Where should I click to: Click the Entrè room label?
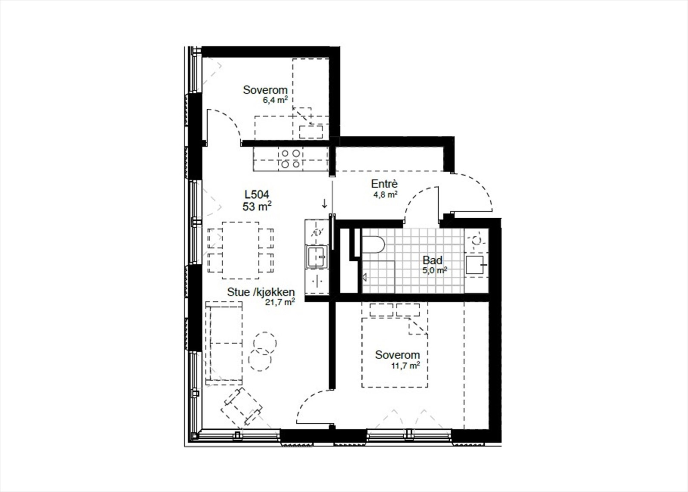(x=384, y=184)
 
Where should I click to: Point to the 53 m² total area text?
(x=257, y=207)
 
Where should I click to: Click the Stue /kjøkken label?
(x=261, y=292)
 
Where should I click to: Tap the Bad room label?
(x=432, y=260)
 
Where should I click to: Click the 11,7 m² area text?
(x=405, y=366)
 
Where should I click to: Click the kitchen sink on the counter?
(x=316, y=257)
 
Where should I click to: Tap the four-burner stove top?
(x=290, y=159)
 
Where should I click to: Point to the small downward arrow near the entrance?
(x=324, y=203)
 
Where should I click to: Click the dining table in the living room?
(x=240, y=250)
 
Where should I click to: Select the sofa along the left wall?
(x=224, y=342)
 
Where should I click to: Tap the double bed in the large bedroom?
(x=395, y=352)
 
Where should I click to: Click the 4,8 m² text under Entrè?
(x=385, y=194)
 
